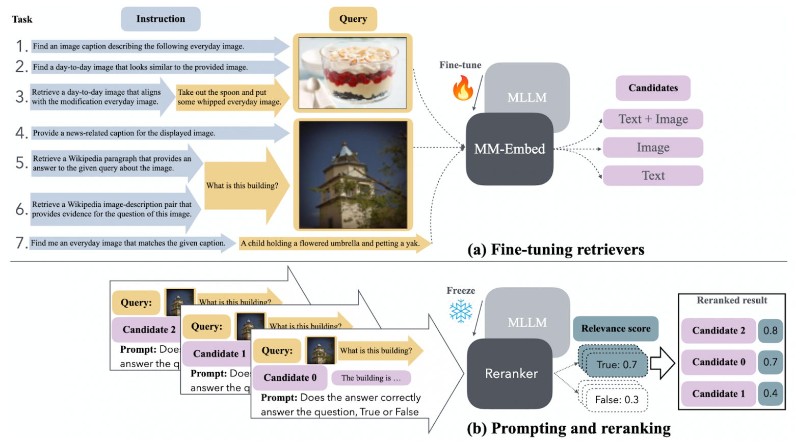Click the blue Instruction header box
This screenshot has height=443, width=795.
161,19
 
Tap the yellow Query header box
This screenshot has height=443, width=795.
353,19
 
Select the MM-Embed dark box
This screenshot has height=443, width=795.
509,149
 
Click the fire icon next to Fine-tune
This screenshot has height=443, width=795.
463,88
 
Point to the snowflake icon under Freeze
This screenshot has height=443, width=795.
461,311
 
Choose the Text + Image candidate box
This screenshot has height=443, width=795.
653,119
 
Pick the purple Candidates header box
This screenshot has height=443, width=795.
653,88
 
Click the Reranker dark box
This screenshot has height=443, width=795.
510,374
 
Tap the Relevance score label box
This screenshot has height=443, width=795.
616,329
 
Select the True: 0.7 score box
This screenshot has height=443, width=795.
617,365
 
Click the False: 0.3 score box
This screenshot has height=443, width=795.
617,400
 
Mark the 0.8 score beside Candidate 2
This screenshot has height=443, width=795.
770,331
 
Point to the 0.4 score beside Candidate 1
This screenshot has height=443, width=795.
770,394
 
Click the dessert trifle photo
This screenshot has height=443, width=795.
353,73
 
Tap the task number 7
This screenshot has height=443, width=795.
21,243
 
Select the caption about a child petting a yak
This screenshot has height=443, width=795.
330,243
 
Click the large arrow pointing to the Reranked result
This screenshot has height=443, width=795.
662,363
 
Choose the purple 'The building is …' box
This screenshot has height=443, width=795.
371,378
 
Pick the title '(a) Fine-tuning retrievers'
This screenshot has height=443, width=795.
555,250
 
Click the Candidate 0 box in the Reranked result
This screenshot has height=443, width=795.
718,362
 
